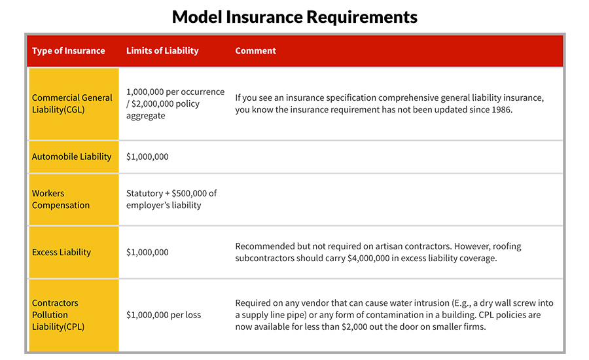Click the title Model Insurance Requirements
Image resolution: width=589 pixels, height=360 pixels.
click(294, 16)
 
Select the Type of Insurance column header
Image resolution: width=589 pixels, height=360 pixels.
click(68, 51)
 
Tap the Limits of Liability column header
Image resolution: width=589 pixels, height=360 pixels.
click(162, 51)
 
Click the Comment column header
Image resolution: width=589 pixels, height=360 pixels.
click(256, 51)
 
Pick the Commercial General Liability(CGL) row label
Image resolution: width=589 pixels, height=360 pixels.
click(72, 103)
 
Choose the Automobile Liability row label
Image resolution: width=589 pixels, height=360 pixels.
click(72, 156)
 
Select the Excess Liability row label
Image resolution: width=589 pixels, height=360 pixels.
click(62, 252)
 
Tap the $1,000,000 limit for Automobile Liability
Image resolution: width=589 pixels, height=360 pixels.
click(147, 156)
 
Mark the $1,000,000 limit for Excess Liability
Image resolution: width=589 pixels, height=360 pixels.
click(147, 252)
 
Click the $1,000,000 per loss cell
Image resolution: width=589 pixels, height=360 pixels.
click(164, 315)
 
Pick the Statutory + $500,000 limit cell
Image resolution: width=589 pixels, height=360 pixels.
click(171, 199)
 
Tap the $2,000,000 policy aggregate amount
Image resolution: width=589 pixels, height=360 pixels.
click(157, 103)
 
